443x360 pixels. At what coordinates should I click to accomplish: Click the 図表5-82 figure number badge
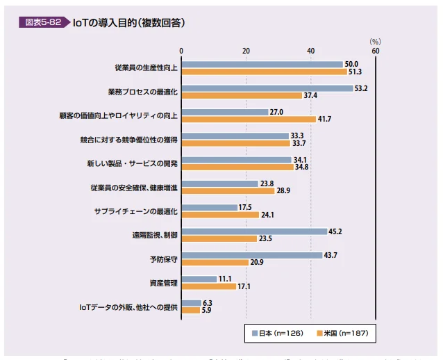pyautogui.click(x=43, y=22)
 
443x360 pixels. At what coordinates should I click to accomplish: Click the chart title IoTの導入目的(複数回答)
pyautogui.click(x=128, y=22)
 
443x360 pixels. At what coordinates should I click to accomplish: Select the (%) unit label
pyautogui.click(x=375, y=41)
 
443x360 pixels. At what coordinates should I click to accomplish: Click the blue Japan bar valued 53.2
pyautogui.click(x=267, y=88)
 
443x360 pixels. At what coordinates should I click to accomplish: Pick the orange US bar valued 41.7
pyautogui.click(x=249, y=119)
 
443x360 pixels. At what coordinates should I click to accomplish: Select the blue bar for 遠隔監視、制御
pyautogui.click(x=254, y=231)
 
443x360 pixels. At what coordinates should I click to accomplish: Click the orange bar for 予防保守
pyautogui.click(x=215, y=262)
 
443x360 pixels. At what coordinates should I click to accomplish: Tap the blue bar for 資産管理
pyautogui.click(x=199, y=279)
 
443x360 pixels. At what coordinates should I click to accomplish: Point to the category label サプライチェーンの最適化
pyautogui.click(x=136, y=211)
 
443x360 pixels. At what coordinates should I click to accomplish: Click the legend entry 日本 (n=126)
pyautogui.click(x=276, y=334)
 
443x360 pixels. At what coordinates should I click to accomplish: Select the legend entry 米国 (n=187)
pyautogui.click(x=342, y=334)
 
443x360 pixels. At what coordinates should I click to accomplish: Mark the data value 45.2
pyautogui.click(x=335, y=231)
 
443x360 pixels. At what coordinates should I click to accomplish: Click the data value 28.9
pyautogui.click(x=283, y=190)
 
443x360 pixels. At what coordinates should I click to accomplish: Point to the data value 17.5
pyautogui.click(x=245, y=207)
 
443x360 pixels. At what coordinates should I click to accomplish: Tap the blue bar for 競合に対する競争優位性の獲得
pyautogui.click(x=235, y=136)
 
